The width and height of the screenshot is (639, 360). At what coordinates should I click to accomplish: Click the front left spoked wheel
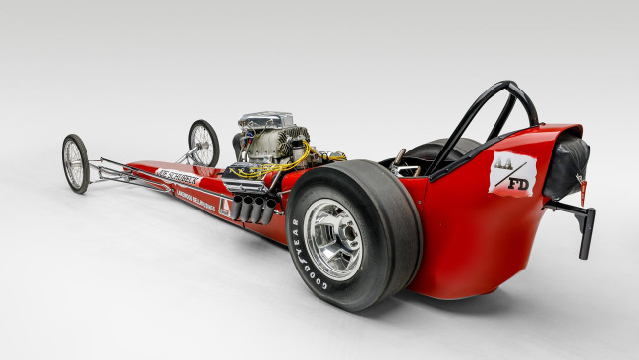pos(76,162)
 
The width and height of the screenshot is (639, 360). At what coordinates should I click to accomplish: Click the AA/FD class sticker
pos(513,174)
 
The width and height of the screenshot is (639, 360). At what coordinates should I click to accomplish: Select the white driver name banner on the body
pos(177,177)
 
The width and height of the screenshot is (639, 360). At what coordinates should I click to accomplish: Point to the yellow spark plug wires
pos(295,157)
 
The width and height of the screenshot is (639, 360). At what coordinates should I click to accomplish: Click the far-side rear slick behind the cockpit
pos(433,150)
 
